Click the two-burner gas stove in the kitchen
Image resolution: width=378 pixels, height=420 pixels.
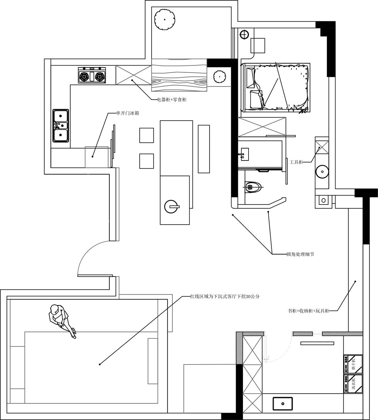[92, 76]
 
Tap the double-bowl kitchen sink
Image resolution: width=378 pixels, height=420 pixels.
[61, 126]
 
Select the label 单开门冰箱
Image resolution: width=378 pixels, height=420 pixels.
[128, 113]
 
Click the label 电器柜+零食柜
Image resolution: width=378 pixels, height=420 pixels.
[172, 100]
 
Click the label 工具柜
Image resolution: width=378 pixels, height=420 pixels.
[296, 162]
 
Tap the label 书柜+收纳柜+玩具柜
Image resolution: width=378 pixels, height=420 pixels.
[308, 311]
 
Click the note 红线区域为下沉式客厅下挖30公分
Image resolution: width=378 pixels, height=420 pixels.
[225, 296]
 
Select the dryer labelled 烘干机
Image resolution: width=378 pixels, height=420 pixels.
[353, 364]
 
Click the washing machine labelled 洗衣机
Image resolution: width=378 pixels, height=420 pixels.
[353, 384]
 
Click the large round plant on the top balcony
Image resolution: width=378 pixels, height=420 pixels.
[164, 20]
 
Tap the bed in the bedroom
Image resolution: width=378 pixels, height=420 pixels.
[275, 87]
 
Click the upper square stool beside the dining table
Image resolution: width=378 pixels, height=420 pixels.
[146, 135]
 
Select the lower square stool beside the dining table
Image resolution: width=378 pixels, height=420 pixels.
[146, 161]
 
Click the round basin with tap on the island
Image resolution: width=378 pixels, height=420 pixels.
[172, 207]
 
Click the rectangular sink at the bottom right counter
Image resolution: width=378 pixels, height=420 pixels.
[283, 404]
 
